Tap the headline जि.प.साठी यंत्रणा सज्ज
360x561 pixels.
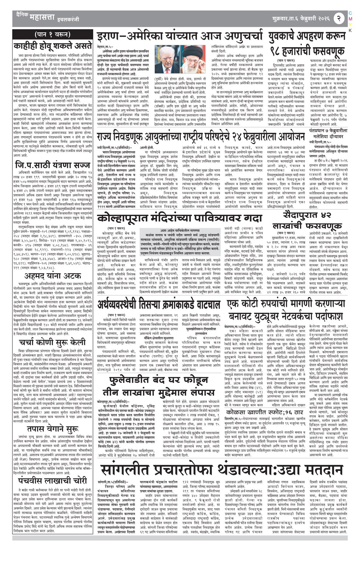(53, 165)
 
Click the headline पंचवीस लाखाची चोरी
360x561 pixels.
(53, 480)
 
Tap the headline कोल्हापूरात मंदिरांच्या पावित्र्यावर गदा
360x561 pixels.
(180, 219)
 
